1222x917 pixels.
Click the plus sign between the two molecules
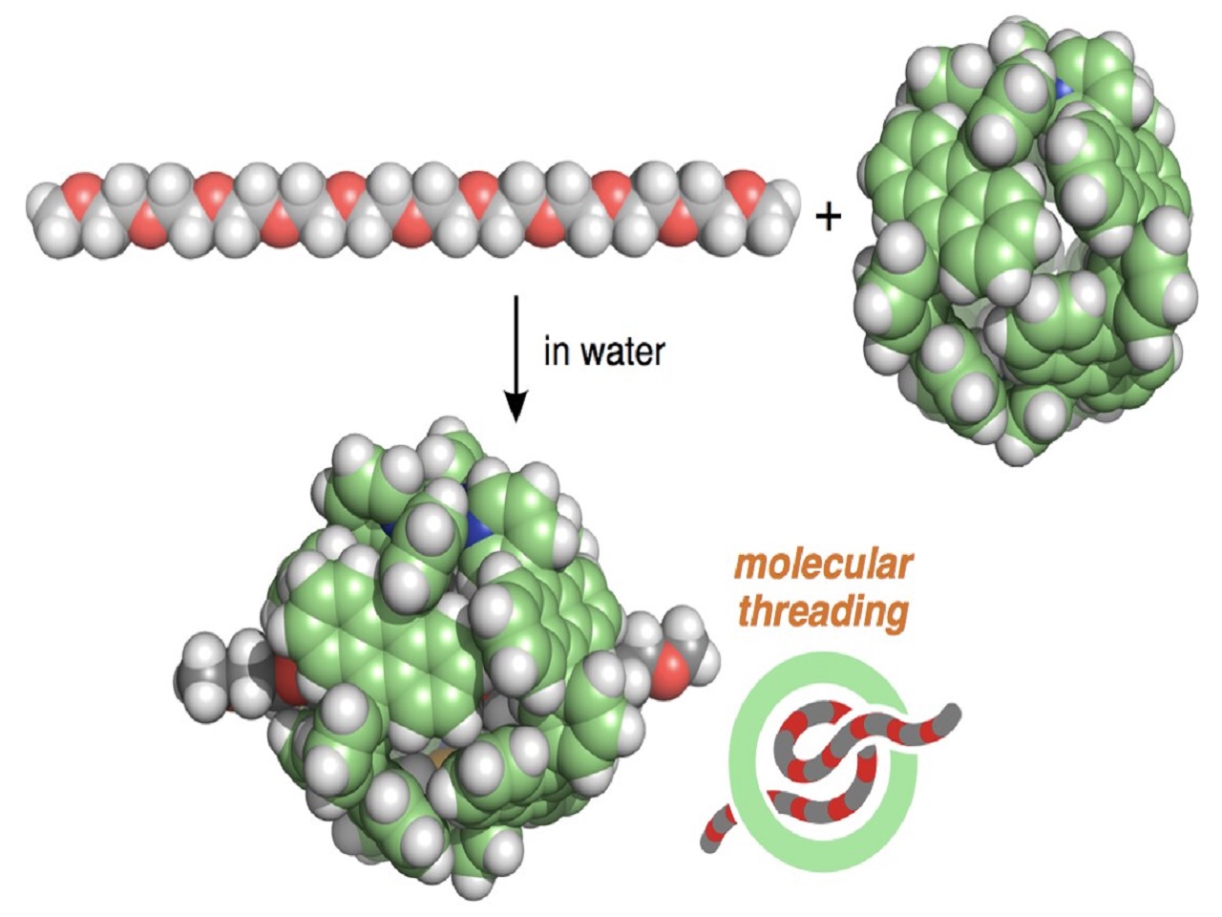829,218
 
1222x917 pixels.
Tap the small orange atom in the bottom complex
438,760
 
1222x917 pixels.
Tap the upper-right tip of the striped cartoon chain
954,713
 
